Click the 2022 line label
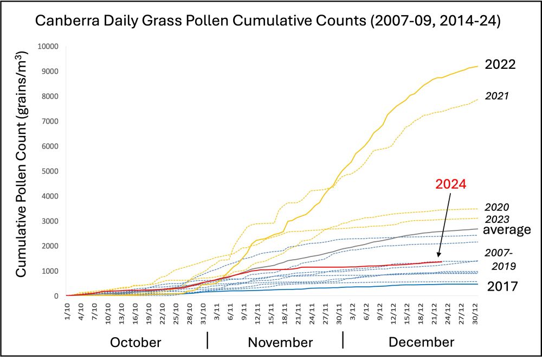pos(500,65)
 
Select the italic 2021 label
pos(496,96)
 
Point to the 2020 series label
pos(496,207)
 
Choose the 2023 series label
pos(496,218)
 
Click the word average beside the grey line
pos(507,230)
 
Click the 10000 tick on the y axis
pos(47,46)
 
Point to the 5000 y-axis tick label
pos(49,171)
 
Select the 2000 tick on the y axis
pos(49,246)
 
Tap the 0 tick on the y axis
pos(56,296)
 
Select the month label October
pos(135,343)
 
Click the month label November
pos(280,343)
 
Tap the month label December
pos(421,343)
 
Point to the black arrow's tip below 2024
pos(438,259)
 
